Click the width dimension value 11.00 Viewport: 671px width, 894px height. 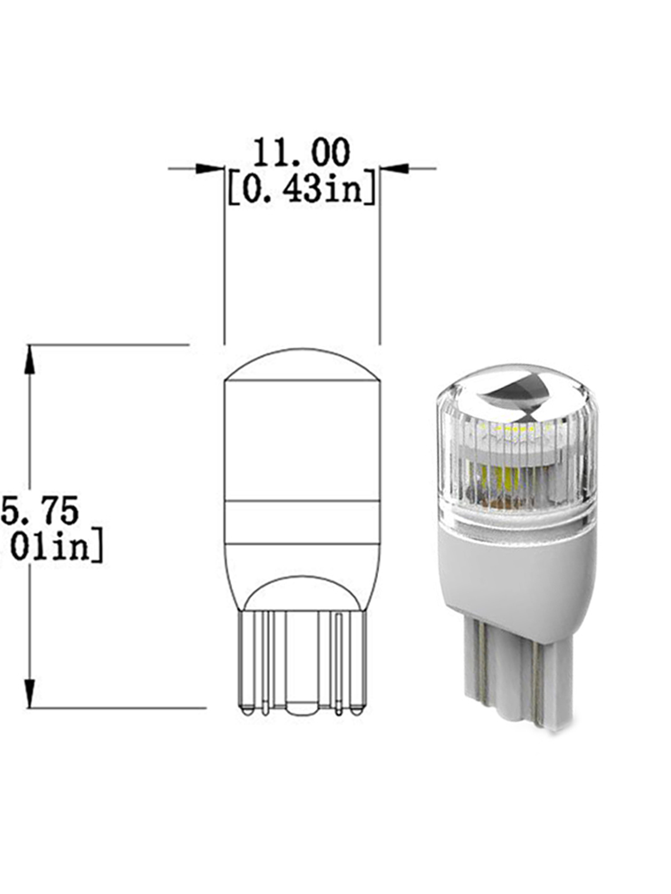point(301,154)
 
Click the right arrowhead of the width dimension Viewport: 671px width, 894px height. point(394,169)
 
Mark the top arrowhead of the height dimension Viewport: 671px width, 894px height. point(29,359)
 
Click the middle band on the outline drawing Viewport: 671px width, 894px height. point(301,522)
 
